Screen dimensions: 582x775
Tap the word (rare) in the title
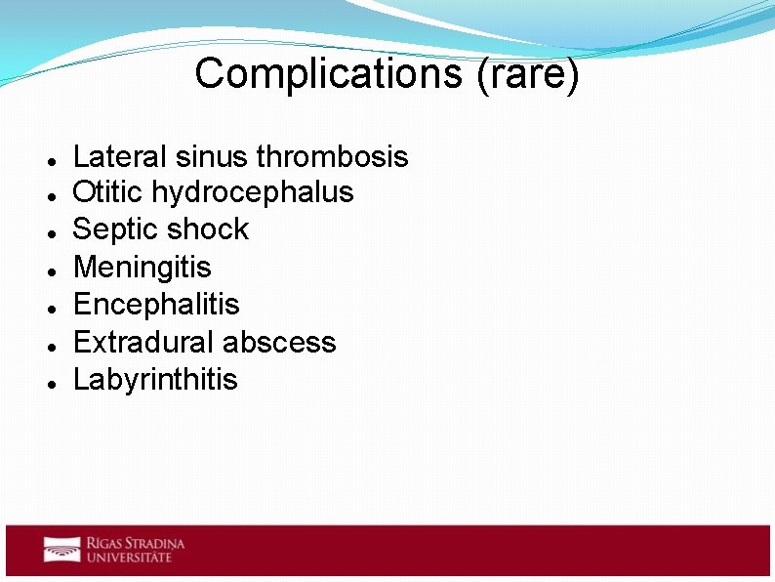point(527,74)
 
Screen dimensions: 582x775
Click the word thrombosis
point(332,156)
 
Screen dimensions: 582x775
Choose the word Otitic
point(108,192)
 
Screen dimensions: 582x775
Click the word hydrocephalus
point(253,192)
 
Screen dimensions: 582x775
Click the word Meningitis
point(143,267)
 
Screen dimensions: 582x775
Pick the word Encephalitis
point(156,304)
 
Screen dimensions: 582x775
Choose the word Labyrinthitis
point(155,379)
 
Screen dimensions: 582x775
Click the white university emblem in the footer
point(61,550)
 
